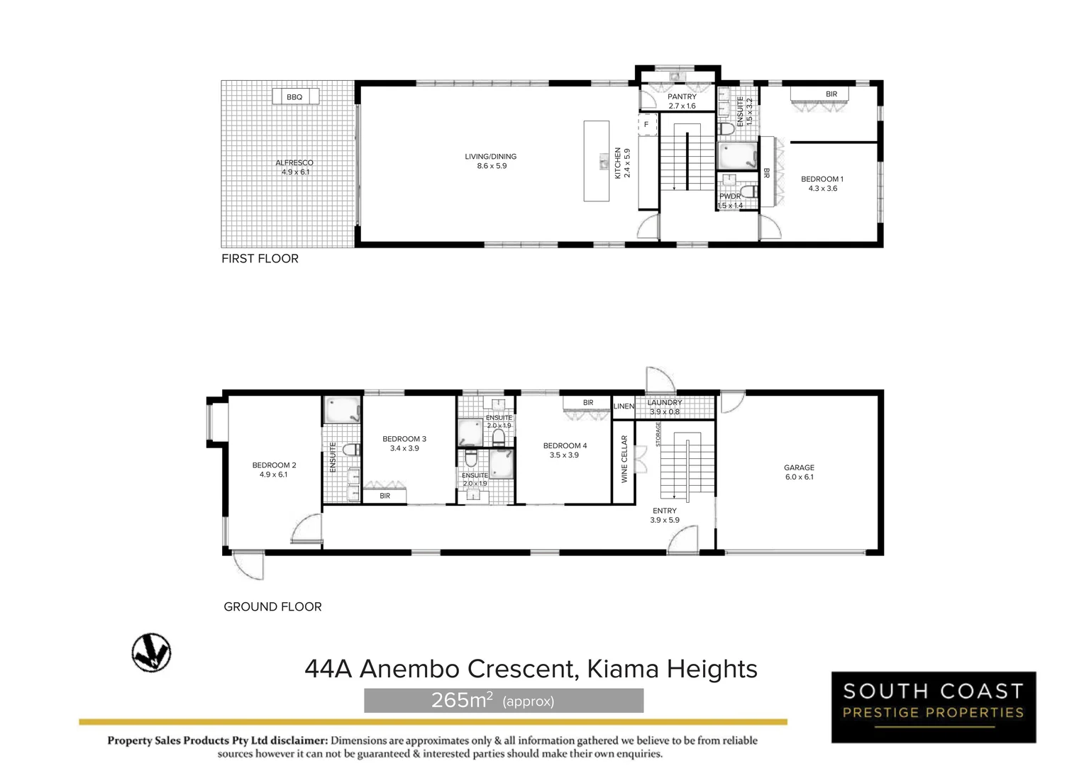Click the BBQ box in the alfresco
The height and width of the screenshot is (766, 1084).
pos(295,96)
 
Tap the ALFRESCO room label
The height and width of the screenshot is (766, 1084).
pos(294,163)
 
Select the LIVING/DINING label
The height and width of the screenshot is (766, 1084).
pos(491,157)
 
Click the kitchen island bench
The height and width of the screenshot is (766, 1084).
pos(597,161)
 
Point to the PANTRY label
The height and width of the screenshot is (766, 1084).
pos(682,96)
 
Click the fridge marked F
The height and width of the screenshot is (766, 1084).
pos(646,125)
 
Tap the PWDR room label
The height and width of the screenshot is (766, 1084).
pos(730,196)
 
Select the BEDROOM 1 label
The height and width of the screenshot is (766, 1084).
pos(822,179)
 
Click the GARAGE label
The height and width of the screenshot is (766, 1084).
pos(799,468)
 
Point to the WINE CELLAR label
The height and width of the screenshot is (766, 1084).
pos(625,460)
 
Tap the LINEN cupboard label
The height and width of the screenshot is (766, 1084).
pos(624,406)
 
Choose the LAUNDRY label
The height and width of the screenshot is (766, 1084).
pos(665,403)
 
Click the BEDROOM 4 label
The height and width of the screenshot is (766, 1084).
pos(565,446)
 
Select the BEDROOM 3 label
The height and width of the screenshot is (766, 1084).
pos(404,439)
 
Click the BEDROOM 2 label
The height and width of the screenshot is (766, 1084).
pos(274,466)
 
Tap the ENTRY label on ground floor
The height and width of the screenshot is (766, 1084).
pos(665,511)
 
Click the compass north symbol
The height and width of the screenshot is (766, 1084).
pos(151,653)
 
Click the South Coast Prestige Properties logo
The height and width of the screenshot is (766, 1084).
pos(933,707)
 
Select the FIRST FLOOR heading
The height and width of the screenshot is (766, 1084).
pos(260,259)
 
